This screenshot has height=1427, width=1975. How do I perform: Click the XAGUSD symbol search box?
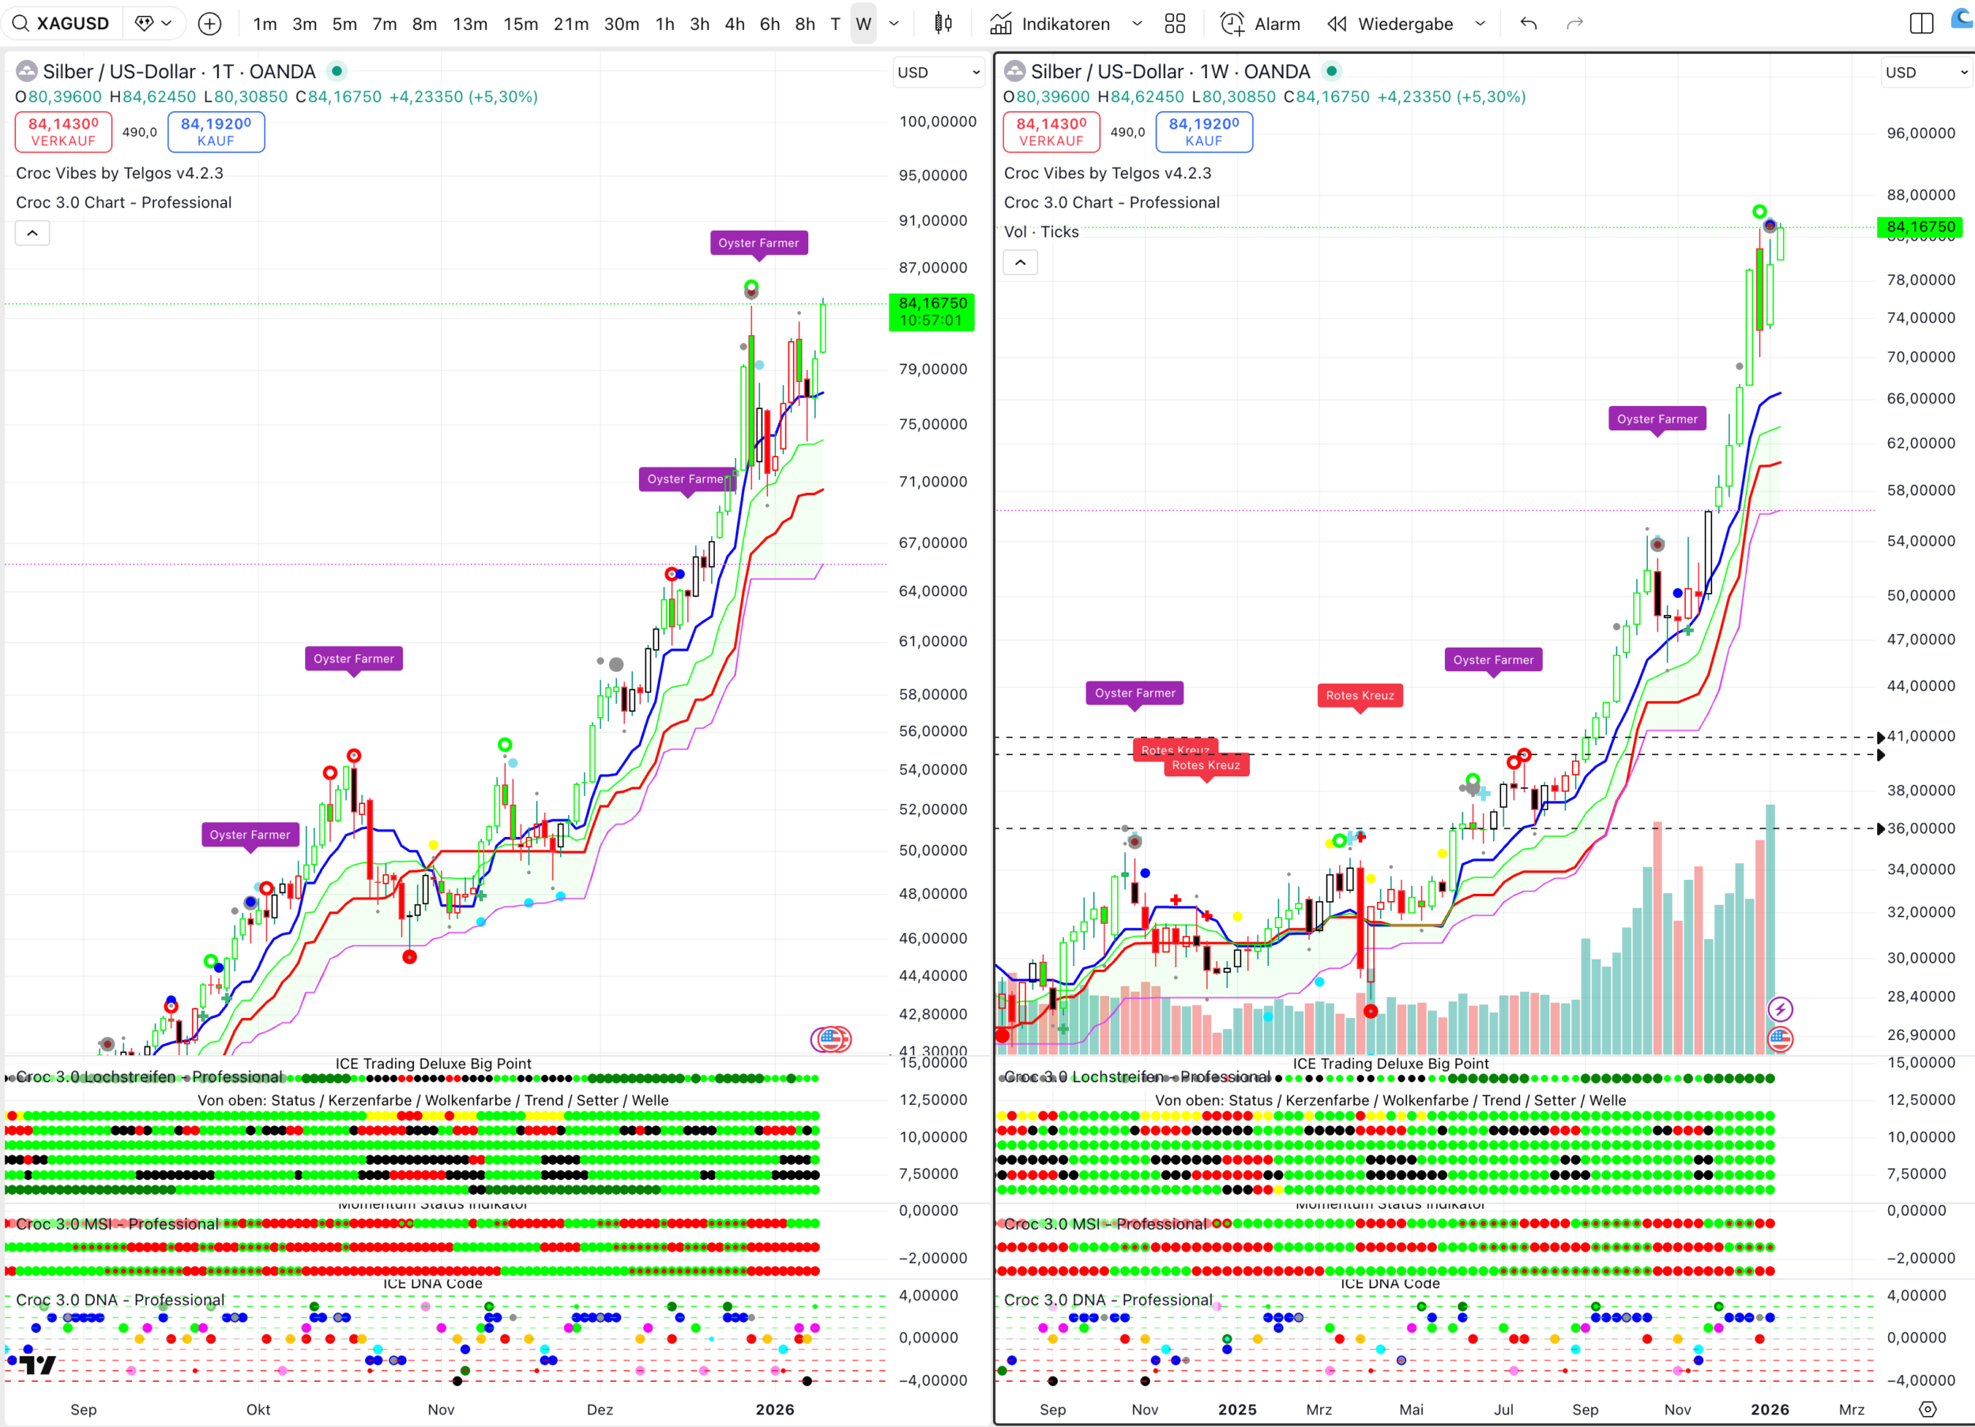pyautogui.click(x=61, y=24)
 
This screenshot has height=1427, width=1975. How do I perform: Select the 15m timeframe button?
pyautogui.click(x=520, y=24)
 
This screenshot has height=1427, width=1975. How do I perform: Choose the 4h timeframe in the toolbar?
pyautogui.click(x=734, y=24)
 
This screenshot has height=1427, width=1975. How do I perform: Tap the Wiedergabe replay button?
pyautogui.click(x=1390, y=24)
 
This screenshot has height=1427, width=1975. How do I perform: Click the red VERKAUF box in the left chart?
pyautogui.click(x=63, y=131)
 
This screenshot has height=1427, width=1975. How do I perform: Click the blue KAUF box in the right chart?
pyautogui.click(x=1203, y=131)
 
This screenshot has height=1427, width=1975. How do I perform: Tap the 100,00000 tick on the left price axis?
pyautogui.click(x=937, y=122)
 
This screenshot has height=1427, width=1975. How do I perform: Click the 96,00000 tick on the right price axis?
pyautogui.click(x=1920, y=133)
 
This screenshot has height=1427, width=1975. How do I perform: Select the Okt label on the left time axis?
pyautogui.click(x=258, y=1410)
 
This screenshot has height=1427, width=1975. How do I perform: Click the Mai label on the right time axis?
pyautogui.click(x=1411, y=1410)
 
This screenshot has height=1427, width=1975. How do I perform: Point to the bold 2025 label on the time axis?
pyautogui.click(x=1236, y=1410)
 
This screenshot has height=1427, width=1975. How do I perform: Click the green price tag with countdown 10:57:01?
pyautogui.click(x=931, y=312)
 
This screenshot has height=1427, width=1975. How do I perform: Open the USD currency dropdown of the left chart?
pyautogui.click(x=938, y=73)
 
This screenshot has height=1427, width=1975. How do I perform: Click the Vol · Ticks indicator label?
pyautogui.click(x=1041, y=231)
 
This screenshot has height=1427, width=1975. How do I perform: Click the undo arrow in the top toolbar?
pyautogui.click(x=1529, y=24)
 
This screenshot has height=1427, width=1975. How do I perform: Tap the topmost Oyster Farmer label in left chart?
pyautogui.click(x=758, y=243)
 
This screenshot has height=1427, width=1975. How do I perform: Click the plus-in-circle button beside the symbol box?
pyautogui.click(x=210, y=24)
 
